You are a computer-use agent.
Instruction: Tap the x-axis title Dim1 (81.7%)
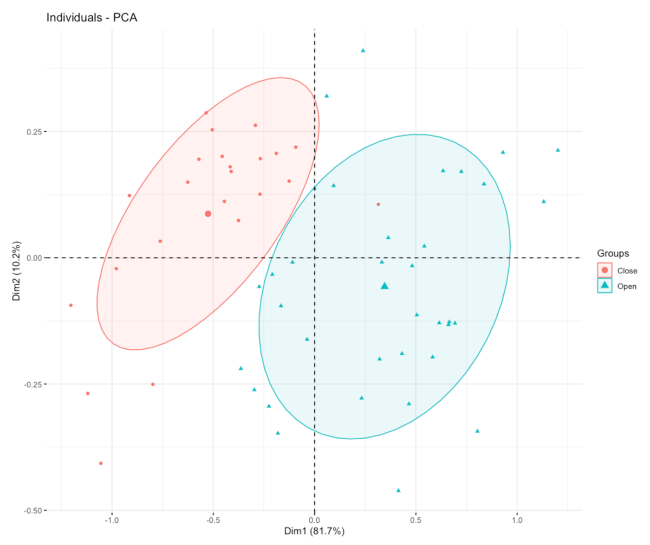point(314,531)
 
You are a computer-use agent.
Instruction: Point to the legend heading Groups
point(613,253)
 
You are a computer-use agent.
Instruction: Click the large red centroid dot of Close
point(208,214)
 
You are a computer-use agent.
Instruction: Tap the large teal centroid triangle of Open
point(385,286)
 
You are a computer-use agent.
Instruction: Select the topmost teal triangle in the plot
point(363,50)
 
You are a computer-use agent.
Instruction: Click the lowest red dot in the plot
point(101,463)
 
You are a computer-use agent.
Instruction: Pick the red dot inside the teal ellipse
point(378,204)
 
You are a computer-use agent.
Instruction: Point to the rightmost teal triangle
point(557,150)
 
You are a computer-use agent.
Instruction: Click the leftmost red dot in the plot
point(71,305)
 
